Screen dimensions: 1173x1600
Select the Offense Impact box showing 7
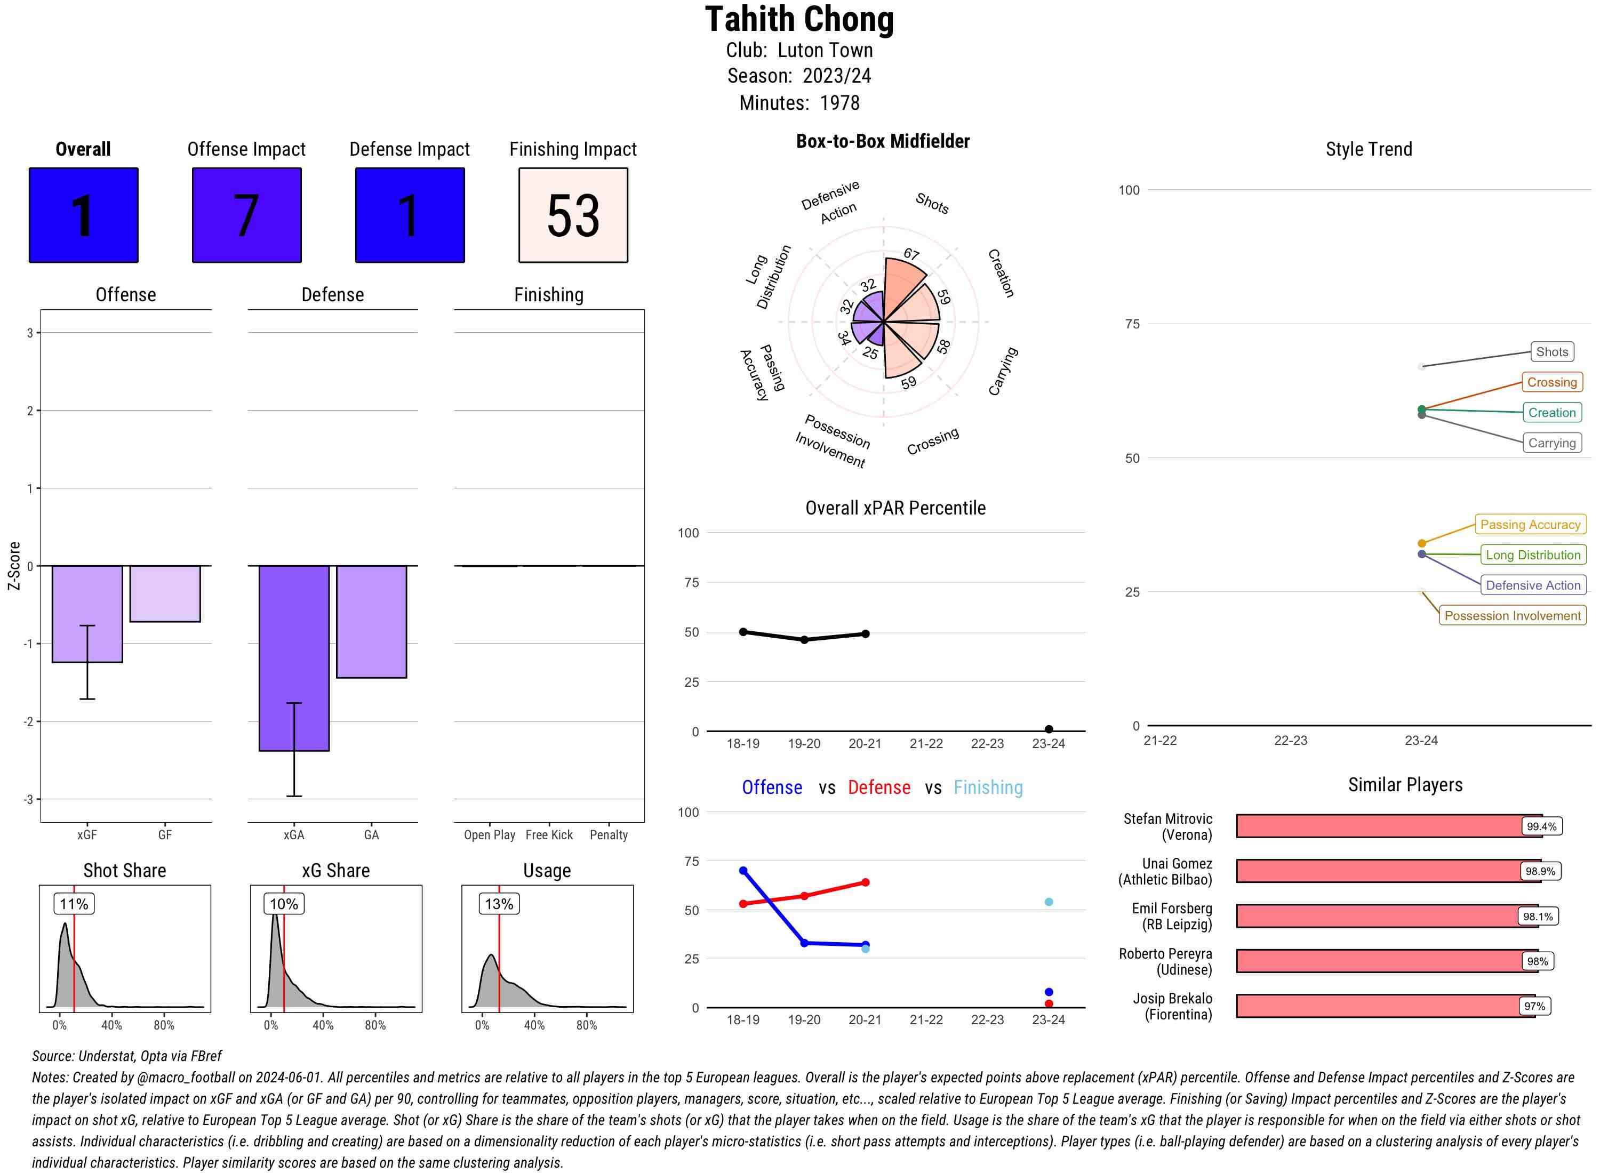click(x=246, y=215)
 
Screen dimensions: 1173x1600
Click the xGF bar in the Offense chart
click(x=87, y=614)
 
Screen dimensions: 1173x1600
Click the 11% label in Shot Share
click(x=74, y=904)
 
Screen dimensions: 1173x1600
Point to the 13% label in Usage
click(x=499, y=904)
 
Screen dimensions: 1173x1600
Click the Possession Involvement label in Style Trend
click(x=1512, y=616)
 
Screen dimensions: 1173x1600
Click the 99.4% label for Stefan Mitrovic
click(x=1540, y=826)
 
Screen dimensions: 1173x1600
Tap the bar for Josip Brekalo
click(x=1385, y=1006)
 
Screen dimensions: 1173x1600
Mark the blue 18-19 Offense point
click(x=743, y=871)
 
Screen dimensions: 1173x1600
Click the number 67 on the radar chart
click(x=911, y=254)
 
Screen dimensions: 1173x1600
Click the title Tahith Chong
click(x=799, y=20)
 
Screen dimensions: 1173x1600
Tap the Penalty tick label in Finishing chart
click(x=609, y=835)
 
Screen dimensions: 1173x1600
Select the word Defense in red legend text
click(x=878, y=788)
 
